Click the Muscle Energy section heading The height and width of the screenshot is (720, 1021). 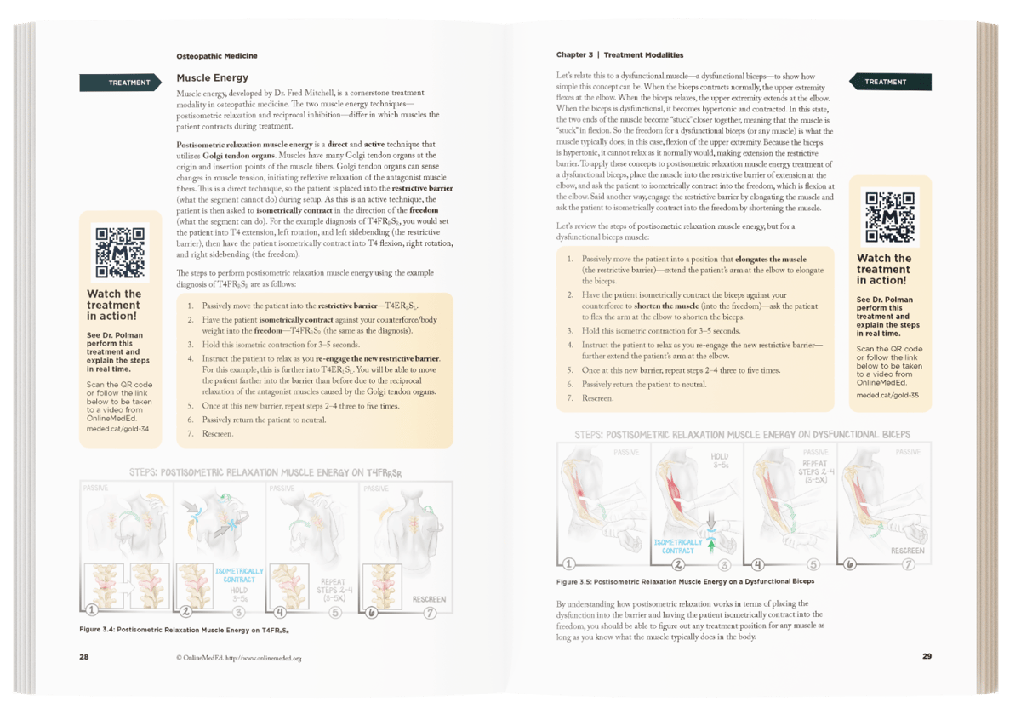coord(213,77)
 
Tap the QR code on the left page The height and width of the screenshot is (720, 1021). coord(120,252)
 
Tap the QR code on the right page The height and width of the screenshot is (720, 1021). coord(889,216)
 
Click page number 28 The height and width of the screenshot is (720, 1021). coord(83,657)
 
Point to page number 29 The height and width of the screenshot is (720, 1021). coord(927,656)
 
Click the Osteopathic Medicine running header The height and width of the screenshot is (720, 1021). coord(217,55)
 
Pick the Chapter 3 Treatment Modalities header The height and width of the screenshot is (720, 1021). coord(619,55)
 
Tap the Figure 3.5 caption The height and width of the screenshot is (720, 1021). coord(685,581)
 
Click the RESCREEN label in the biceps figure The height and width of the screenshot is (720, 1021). coord(907,551)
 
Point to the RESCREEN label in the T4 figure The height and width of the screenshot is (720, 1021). coord(429,598)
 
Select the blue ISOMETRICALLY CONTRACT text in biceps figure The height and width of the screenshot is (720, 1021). coord(678,546)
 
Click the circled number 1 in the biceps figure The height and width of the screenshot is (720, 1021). coord(569,563)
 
